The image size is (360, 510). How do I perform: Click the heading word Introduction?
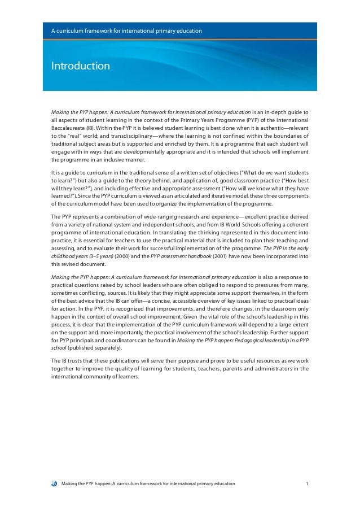(81, 66)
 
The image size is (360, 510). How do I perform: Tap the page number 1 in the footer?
(306, 484)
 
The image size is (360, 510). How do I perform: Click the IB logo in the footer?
(54, 484)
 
